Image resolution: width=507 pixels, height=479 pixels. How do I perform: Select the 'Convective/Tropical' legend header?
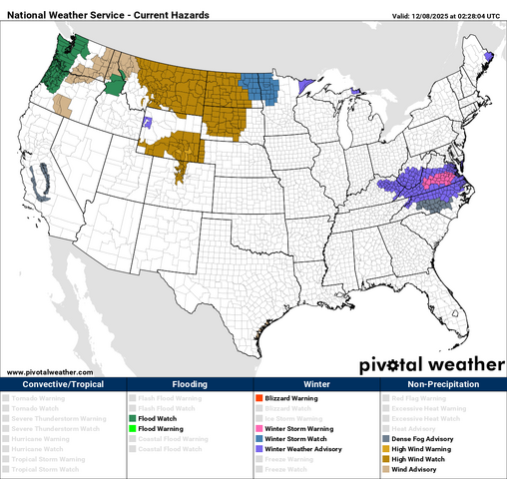(x=63, y=384)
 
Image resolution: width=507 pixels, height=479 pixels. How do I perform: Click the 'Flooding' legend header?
(x=190, y=384)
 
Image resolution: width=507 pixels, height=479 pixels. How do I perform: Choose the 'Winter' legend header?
(x=316, y=384)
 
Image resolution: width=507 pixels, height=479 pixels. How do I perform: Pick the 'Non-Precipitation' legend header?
(x=443, y=384)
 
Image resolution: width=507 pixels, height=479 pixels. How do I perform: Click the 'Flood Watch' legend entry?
(x=158, y=418)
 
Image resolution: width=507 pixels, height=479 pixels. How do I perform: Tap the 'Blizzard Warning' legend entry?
(x=290, y=398)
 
